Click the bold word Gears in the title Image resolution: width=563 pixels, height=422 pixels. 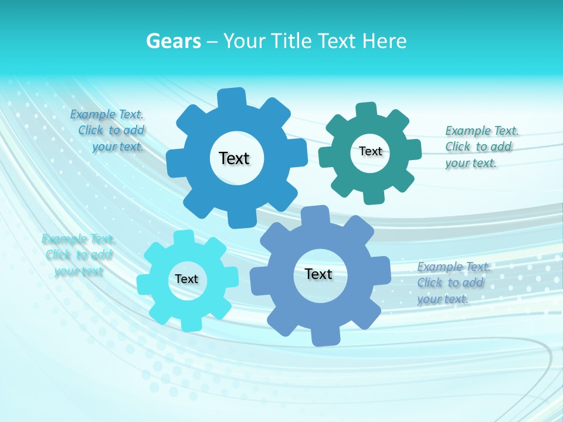click(x=174, y=41)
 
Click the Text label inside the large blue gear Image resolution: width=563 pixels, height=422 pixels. click(x=234, y=158)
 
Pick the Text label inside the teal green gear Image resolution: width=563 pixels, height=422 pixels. click(x=370, y=151)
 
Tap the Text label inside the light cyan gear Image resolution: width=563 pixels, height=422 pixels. click(x=186, y=279)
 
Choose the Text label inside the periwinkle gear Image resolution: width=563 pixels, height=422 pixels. click(x=318, y=274)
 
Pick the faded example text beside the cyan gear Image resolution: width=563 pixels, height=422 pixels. click(x=78, y=254)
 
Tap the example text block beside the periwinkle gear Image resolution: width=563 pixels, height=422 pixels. click(x=452, y=283)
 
